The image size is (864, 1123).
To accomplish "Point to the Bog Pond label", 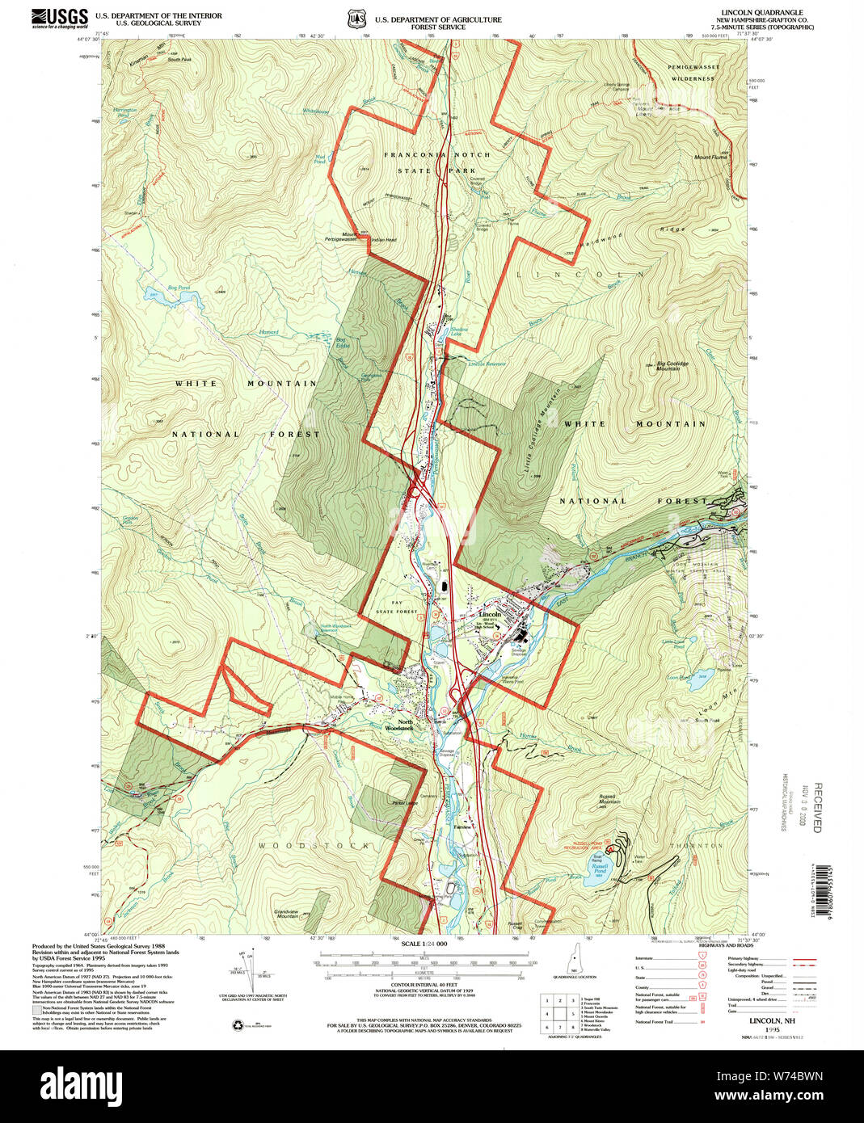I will tap(178, 288).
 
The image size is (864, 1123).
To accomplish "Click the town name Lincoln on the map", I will tap(490, 614).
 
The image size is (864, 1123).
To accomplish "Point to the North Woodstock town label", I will tap(398, 725).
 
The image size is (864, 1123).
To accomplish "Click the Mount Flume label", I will tap(710, 158).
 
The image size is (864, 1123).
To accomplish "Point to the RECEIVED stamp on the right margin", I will tap(817, 807).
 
